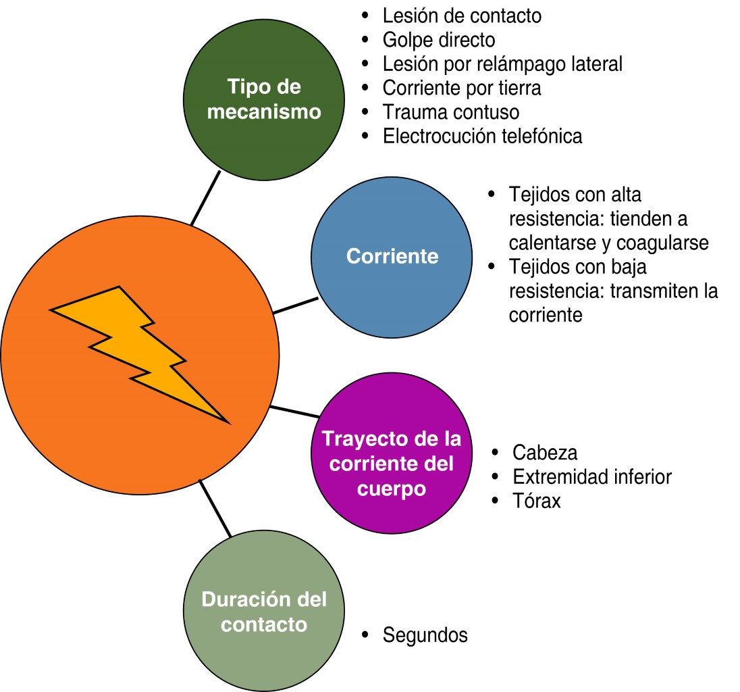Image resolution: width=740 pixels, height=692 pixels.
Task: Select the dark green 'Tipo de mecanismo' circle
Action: click(263, 100)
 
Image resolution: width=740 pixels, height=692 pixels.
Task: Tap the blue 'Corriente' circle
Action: click(392, 257)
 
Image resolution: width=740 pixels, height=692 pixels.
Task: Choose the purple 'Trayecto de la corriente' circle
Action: click(392, 463)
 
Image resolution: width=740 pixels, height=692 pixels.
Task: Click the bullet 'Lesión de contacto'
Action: click(462, 15)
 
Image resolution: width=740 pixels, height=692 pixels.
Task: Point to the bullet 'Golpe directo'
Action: click(439, 39)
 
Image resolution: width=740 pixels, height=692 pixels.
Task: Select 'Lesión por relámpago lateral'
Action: click(502, 64)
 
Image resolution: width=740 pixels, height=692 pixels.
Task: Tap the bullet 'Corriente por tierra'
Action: click(462, 88)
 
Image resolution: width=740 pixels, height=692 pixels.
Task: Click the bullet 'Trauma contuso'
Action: click(451, 112)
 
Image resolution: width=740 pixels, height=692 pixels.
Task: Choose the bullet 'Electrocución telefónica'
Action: click(482, 136)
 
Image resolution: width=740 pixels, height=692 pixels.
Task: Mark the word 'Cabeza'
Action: click(545, 452)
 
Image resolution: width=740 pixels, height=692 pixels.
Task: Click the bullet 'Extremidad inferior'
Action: click(592, 476)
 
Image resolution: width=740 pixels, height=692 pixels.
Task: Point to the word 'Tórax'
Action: click(537, 501)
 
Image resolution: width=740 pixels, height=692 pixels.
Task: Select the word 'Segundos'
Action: click(425, 635)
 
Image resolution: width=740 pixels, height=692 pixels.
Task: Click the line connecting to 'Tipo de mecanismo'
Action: click(206, 197)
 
